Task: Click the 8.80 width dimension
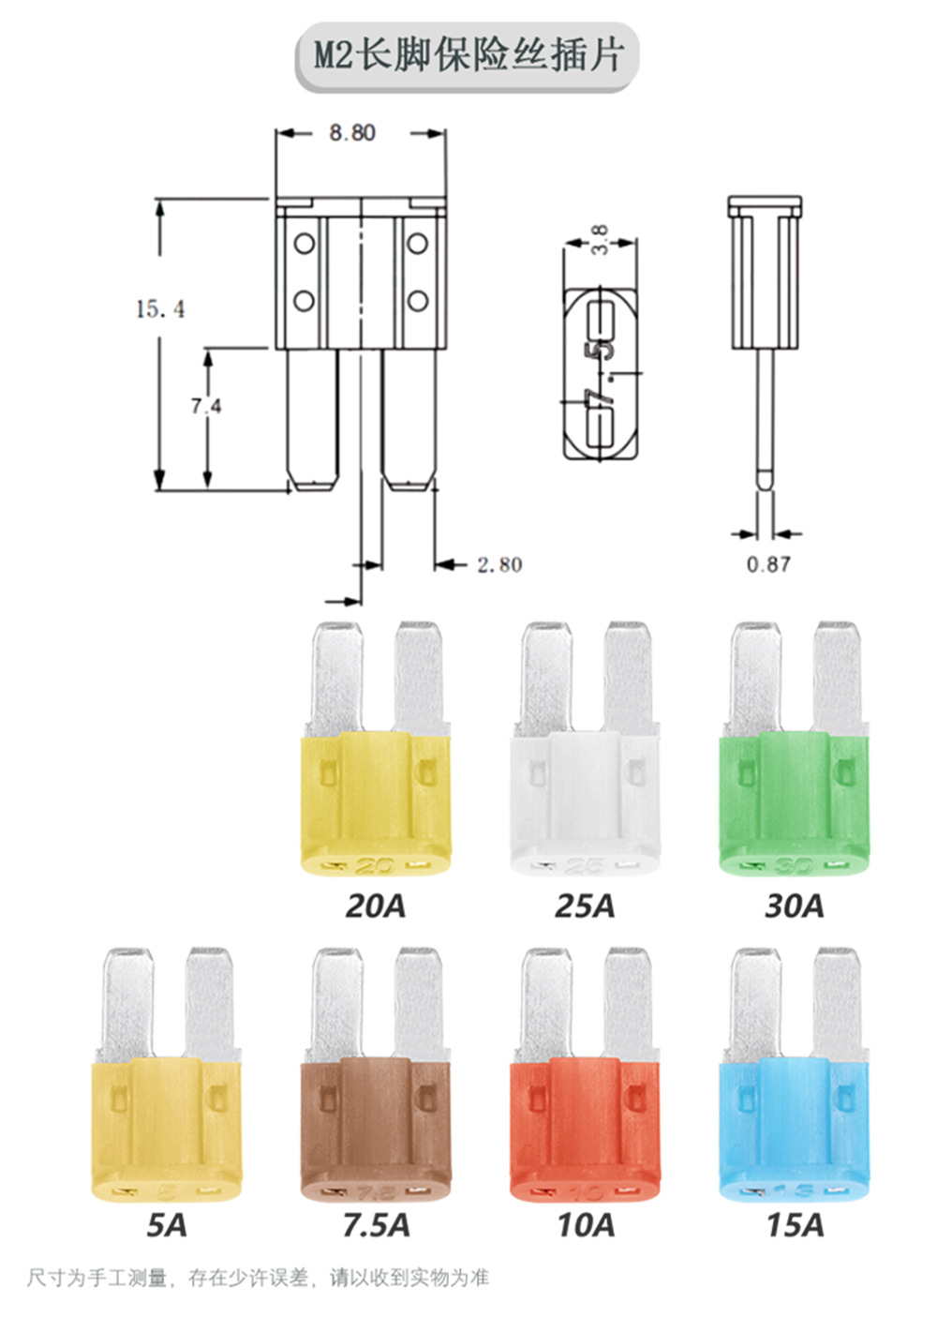click(x=352, y=132)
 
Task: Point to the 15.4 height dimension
click(x=160, y=309)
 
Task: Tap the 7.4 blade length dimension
click(x=206, y=406)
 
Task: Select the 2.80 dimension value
click(x=499, y=564)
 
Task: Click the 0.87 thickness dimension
click(x=768, y=564)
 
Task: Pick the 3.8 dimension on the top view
click(x=601, y=240)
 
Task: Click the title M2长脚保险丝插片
click(x=468, y=57)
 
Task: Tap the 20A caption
click(x=376, y=906)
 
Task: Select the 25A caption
click(x=585, y=906)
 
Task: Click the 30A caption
click(x=795, y=906)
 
